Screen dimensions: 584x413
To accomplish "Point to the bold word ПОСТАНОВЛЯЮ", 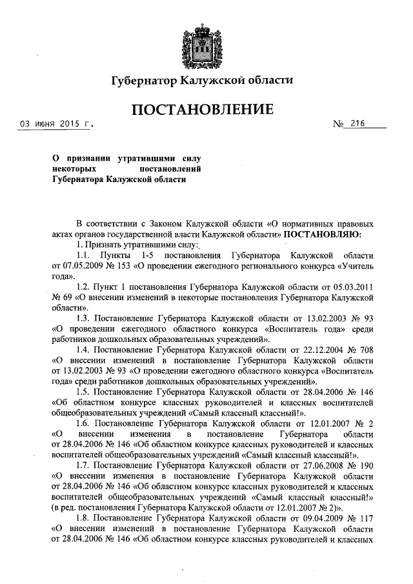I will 323,234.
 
